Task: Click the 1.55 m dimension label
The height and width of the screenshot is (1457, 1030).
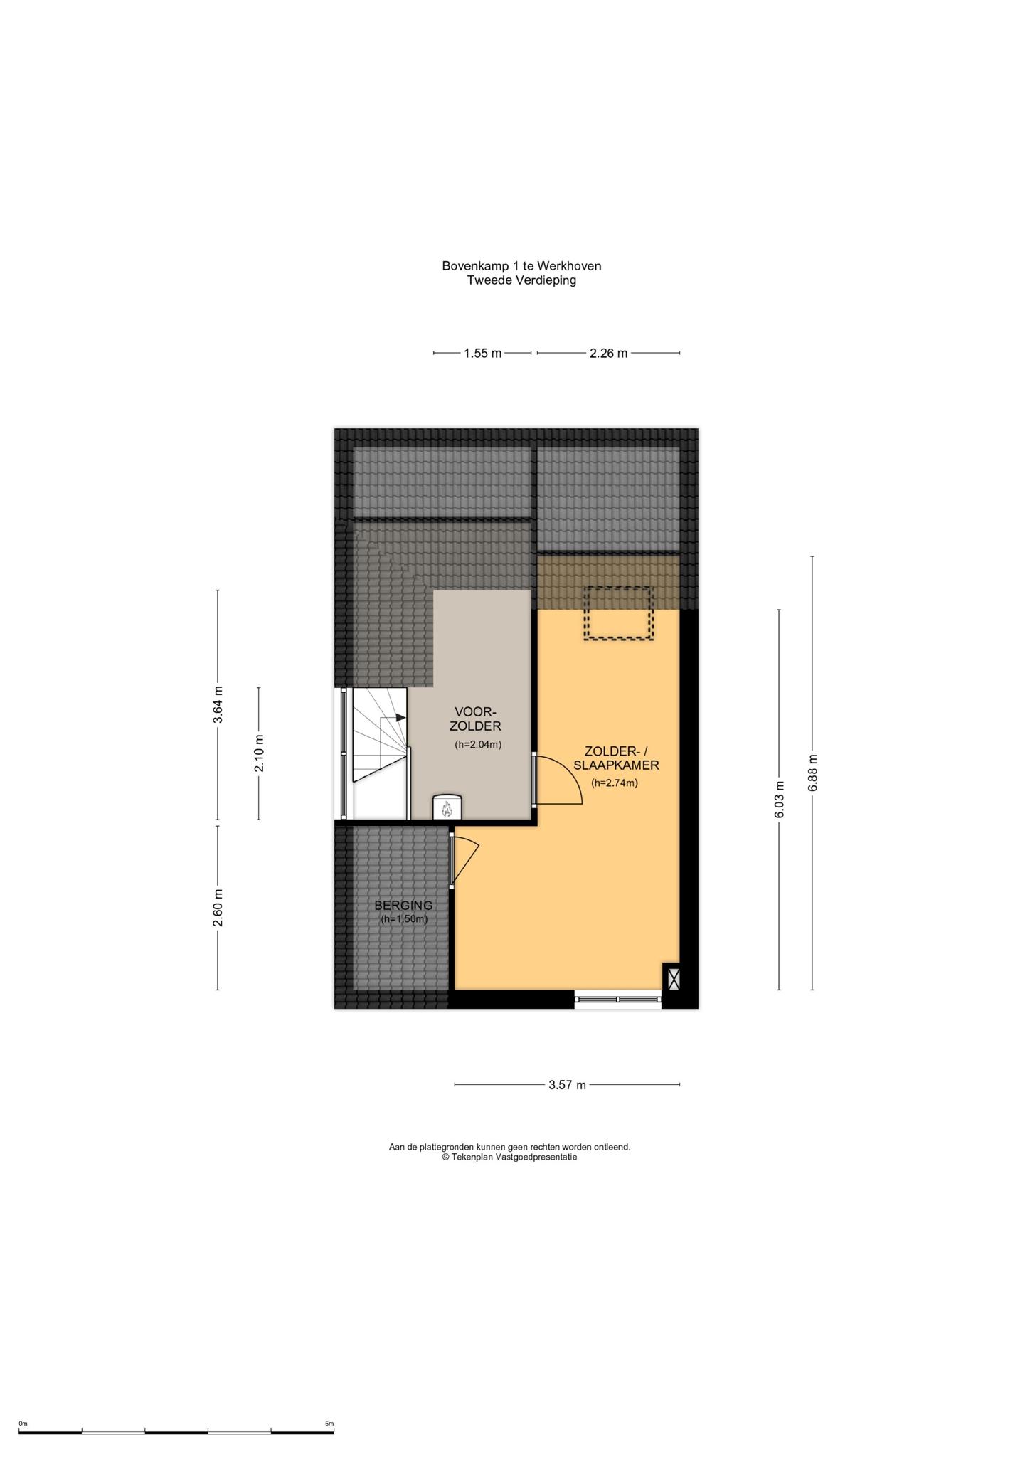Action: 483,353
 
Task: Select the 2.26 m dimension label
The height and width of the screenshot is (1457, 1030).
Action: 608,353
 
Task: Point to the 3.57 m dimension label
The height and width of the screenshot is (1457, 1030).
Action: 567,1085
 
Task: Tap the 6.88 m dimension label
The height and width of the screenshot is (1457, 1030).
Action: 812,773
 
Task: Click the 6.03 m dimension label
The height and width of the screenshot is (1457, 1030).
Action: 780,800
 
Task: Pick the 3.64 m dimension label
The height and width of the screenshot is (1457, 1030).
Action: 218,705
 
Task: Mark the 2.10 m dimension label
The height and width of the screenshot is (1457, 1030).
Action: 259,753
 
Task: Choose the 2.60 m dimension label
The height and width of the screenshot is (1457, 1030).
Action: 218,908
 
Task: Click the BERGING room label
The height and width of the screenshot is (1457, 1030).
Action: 403,906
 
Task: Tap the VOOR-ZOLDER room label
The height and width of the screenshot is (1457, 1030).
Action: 475,719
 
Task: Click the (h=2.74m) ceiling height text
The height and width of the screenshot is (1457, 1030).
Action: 615,783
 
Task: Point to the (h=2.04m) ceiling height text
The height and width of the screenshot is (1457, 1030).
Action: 478,745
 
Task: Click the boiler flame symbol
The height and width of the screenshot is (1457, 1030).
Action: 447,809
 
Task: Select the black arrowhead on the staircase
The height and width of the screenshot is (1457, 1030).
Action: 400,718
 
